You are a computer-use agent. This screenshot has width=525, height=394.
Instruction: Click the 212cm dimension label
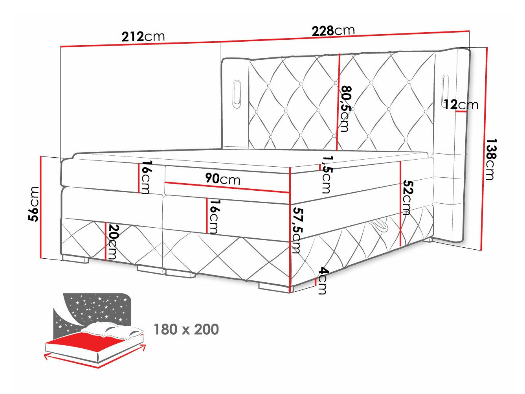143,37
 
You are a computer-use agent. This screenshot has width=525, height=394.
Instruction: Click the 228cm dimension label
333,30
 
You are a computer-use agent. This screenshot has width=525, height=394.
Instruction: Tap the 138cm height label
490,159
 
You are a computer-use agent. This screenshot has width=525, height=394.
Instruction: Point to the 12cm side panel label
461,105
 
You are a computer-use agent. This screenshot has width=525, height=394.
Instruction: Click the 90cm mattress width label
222,179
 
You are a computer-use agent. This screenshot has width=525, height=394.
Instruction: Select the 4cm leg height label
323,280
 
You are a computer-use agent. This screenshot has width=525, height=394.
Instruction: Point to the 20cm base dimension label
113,241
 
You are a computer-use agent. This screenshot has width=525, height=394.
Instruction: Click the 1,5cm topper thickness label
326,174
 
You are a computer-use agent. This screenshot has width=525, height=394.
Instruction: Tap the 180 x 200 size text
186,329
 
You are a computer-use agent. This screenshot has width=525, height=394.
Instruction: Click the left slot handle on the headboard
237,93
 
